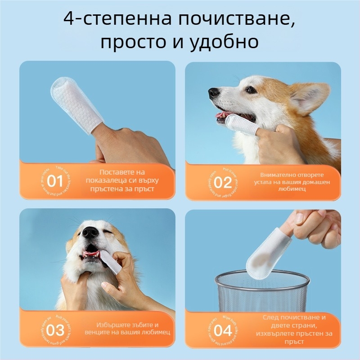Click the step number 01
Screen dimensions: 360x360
click(x=55, y=182)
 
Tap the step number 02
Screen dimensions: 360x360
click(x=222, y=183)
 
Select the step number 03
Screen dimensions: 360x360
click(x=55, y=330)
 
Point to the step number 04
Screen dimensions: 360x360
click(x=222, y=331)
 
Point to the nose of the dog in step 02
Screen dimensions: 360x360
click(x=214, y=93)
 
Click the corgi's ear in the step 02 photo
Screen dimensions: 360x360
click(x=308, y=96)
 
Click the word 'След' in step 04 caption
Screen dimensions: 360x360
click(x=271, y=317)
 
